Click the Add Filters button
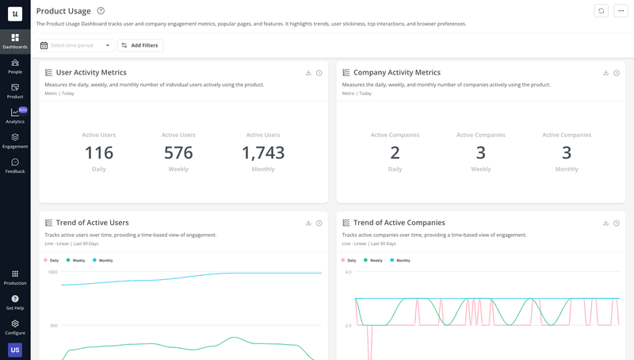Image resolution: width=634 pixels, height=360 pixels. click(140, 45)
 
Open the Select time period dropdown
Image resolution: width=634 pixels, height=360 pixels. click(76, 45)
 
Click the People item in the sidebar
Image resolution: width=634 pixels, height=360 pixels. click(15, 67)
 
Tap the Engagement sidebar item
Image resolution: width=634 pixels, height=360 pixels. click(15, 141)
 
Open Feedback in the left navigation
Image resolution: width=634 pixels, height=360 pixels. click(15, 166)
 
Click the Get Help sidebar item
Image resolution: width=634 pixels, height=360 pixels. click(15, 302)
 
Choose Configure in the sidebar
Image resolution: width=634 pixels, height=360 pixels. click(15, 327)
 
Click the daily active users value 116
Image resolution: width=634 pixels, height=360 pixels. click(99, 153)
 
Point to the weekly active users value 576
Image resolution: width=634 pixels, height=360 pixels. click(178, 153)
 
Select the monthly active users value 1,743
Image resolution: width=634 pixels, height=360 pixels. click(263, 153)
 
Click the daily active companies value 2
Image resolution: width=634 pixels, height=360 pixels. click(395, 153)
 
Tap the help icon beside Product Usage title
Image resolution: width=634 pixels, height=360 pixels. click(101, 11)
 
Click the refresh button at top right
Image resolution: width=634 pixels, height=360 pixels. click(602, 10)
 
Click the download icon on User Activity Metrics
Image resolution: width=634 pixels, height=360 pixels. click(308, 73)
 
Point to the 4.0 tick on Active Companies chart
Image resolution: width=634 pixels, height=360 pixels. click(348, 272)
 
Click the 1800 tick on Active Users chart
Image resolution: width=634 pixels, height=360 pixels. click(52, 272)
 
